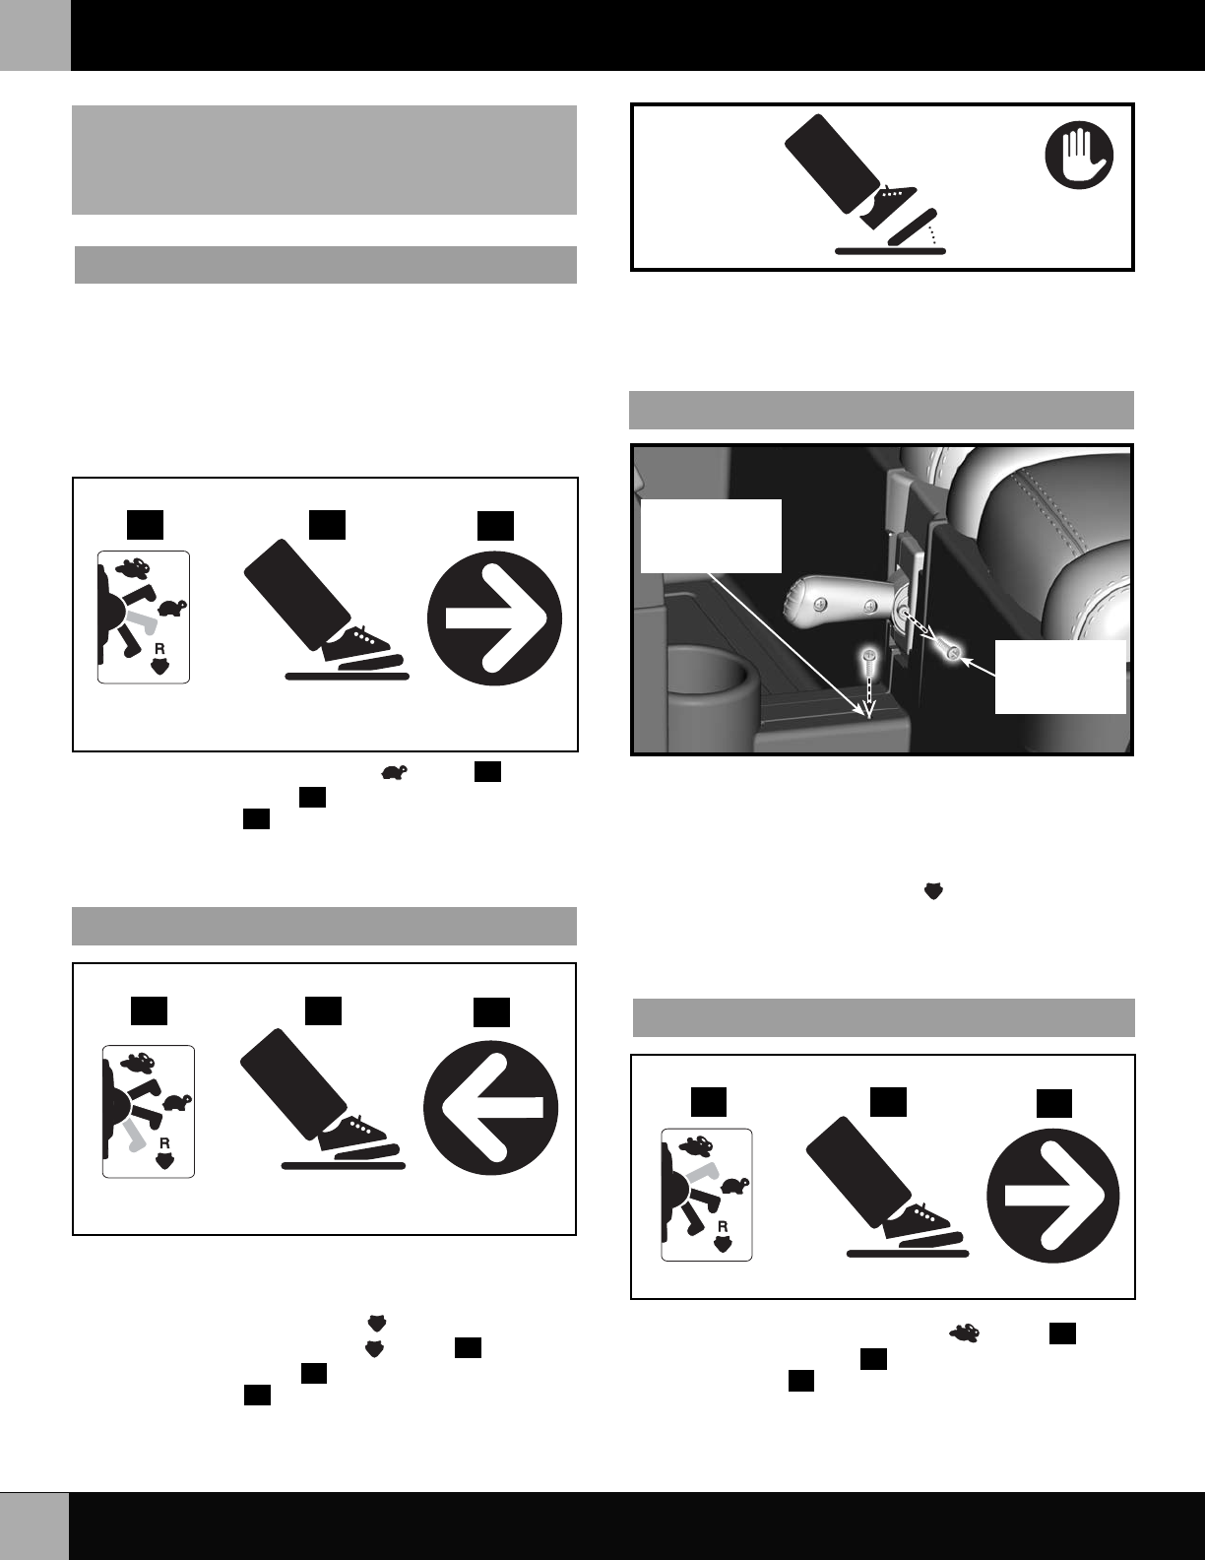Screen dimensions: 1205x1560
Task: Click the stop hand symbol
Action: pyautogui.click(x=1079, y=155)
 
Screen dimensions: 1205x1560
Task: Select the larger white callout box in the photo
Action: pyautogui.click(x=711, y=536)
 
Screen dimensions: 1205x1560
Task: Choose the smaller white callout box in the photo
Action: pyautogui.click(x=1060, y=677)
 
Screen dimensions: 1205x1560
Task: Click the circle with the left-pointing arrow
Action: pyautogui.click(x=491, y=1108)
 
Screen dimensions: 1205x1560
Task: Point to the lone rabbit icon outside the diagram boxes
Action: pyautogui.click(x=964, y=1332)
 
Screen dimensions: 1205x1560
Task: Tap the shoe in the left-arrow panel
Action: pyautogui.click(x=354, y=1133)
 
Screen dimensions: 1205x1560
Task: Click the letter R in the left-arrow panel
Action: pyautogui.click(x=164, y=1142)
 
